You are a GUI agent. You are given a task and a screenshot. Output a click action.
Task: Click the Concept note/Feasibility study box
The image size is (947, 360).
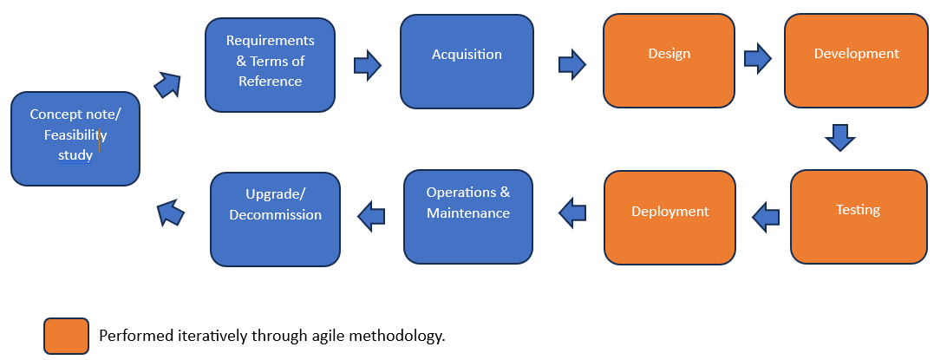[75, 139]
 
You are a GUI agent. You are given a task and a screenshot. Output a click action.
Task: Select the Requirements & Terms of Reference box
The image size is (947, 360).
[270, 65]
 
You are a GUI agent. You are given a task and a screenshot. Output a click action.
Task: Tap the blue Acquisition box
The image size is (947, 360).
[467, 62]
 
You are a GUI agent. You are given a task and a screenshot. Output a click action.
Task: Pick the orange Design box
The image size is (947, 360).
[669, 61]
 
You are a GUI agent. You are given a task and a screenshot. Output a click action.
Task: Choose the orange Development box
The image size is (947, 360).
[857, 61]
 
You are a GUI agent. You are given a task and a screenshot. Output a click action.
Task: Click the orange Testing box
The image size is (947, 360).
[859, 217]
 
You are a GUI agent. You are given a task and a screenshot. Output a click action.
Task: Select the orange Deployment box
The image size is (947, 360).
[669, 218]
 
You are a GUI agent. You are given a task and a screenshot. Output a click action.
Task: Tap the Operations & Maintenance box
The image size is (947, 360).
[468, 217]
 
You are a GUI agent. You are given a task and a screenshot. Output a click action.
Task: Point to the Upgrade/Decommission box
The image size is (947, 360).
[276, 219]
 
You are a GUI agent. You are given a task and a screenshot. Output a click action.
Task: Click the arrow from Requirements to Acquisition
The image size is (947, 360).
[367, 65]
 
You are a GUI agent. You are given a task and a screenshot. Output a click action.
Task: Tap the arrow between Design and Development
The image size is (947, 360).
[758, 59]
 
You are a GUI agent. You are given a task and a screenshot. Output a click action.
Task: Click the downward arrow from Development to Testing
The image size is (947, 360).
[840, 138]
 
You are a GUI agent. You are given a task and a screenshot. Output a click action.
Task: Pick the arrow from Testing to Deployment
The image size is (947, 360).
[765, 217]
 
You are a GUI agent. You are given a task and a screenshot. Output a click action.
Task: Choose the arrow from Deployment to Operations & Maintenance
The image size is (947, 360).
[572, 213]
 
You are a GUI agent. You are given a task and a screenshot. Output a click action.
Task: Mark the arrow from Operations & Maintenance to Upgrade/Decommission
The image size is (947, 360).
[371, 216]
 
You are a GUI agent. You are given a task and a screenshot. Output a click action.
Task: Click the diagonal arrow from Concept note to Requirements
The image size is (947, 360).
[168, 84]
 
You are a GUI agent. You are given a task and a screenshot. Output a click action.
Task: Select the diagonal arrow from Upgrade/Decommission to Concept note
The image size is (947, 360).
[170, 213]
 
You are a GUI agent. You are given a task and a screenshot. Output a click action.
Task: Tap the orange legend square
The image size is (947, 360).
[67, 336]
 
